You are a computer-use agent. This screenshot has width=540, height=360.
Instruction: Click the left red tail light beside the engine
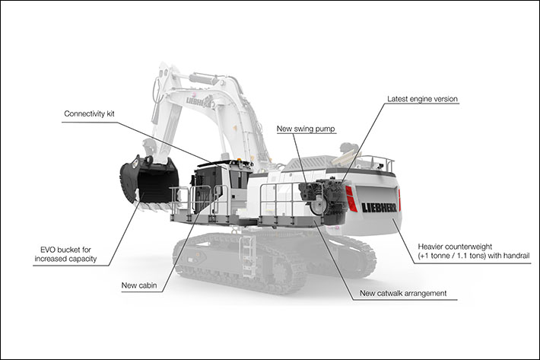click(351, 199)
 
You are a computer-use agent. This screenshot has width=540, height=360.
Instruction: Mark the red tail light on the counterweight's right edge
click(399, 199)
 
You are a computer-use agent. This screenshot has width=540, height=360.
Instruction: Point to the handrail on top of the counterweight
click(373, 163)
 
